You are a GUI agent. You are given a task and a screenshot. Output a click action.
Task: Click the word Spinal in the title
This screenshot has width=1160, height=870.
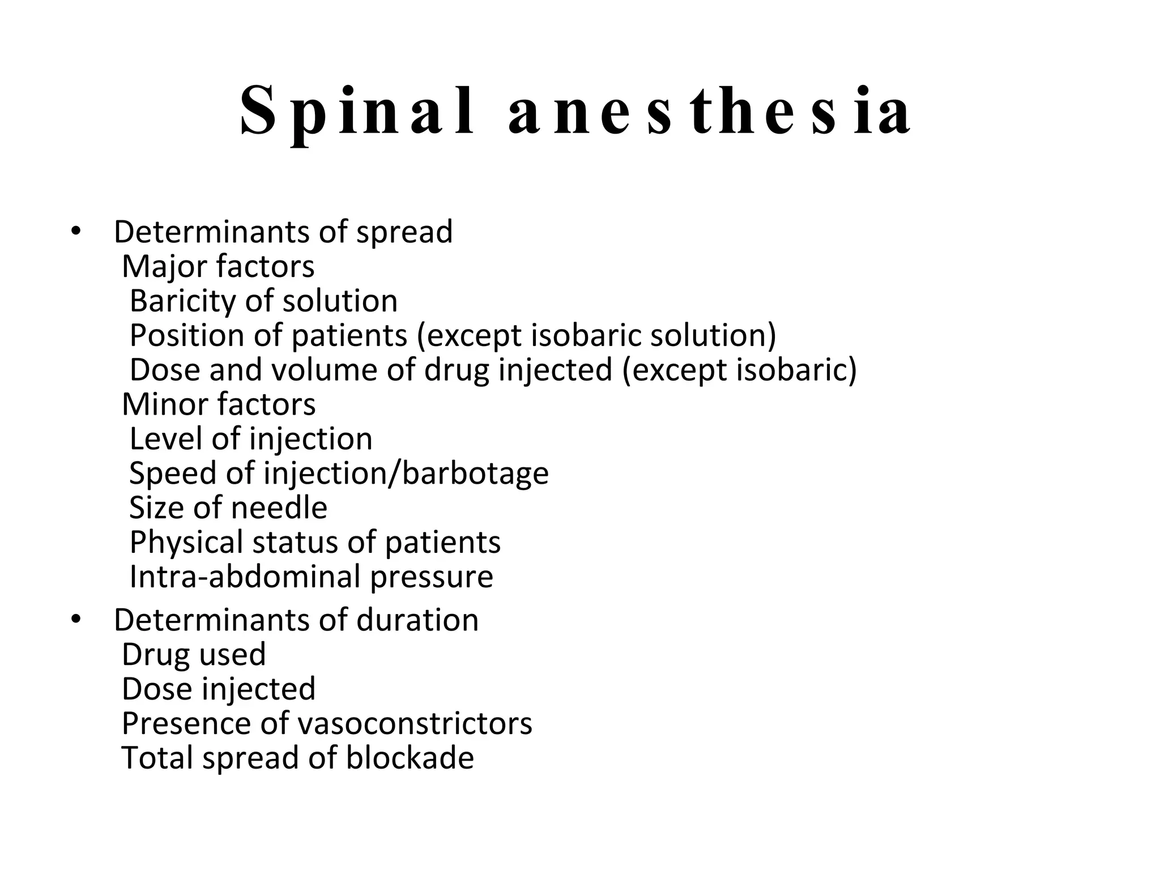(x=357, y=112)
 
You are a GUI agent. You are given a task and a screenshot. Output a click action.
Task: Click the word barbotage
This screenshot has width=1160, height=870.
(x=475, y=474)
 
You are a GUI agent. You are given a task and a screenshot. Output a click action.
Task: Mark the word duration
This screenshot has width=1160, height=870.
(x=417, y=620)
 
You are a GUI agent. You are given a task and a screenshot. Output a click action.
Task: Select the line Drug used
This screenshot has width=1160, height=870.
(x=194, y=654)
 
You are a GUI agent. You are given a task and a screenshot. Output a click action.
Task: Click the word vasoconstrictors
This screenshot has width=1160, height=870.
(x=415, y=723)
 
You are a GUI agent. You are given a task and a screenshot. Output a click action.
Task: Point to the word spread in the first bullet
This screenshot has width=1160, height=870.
(x=404, y=232)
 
